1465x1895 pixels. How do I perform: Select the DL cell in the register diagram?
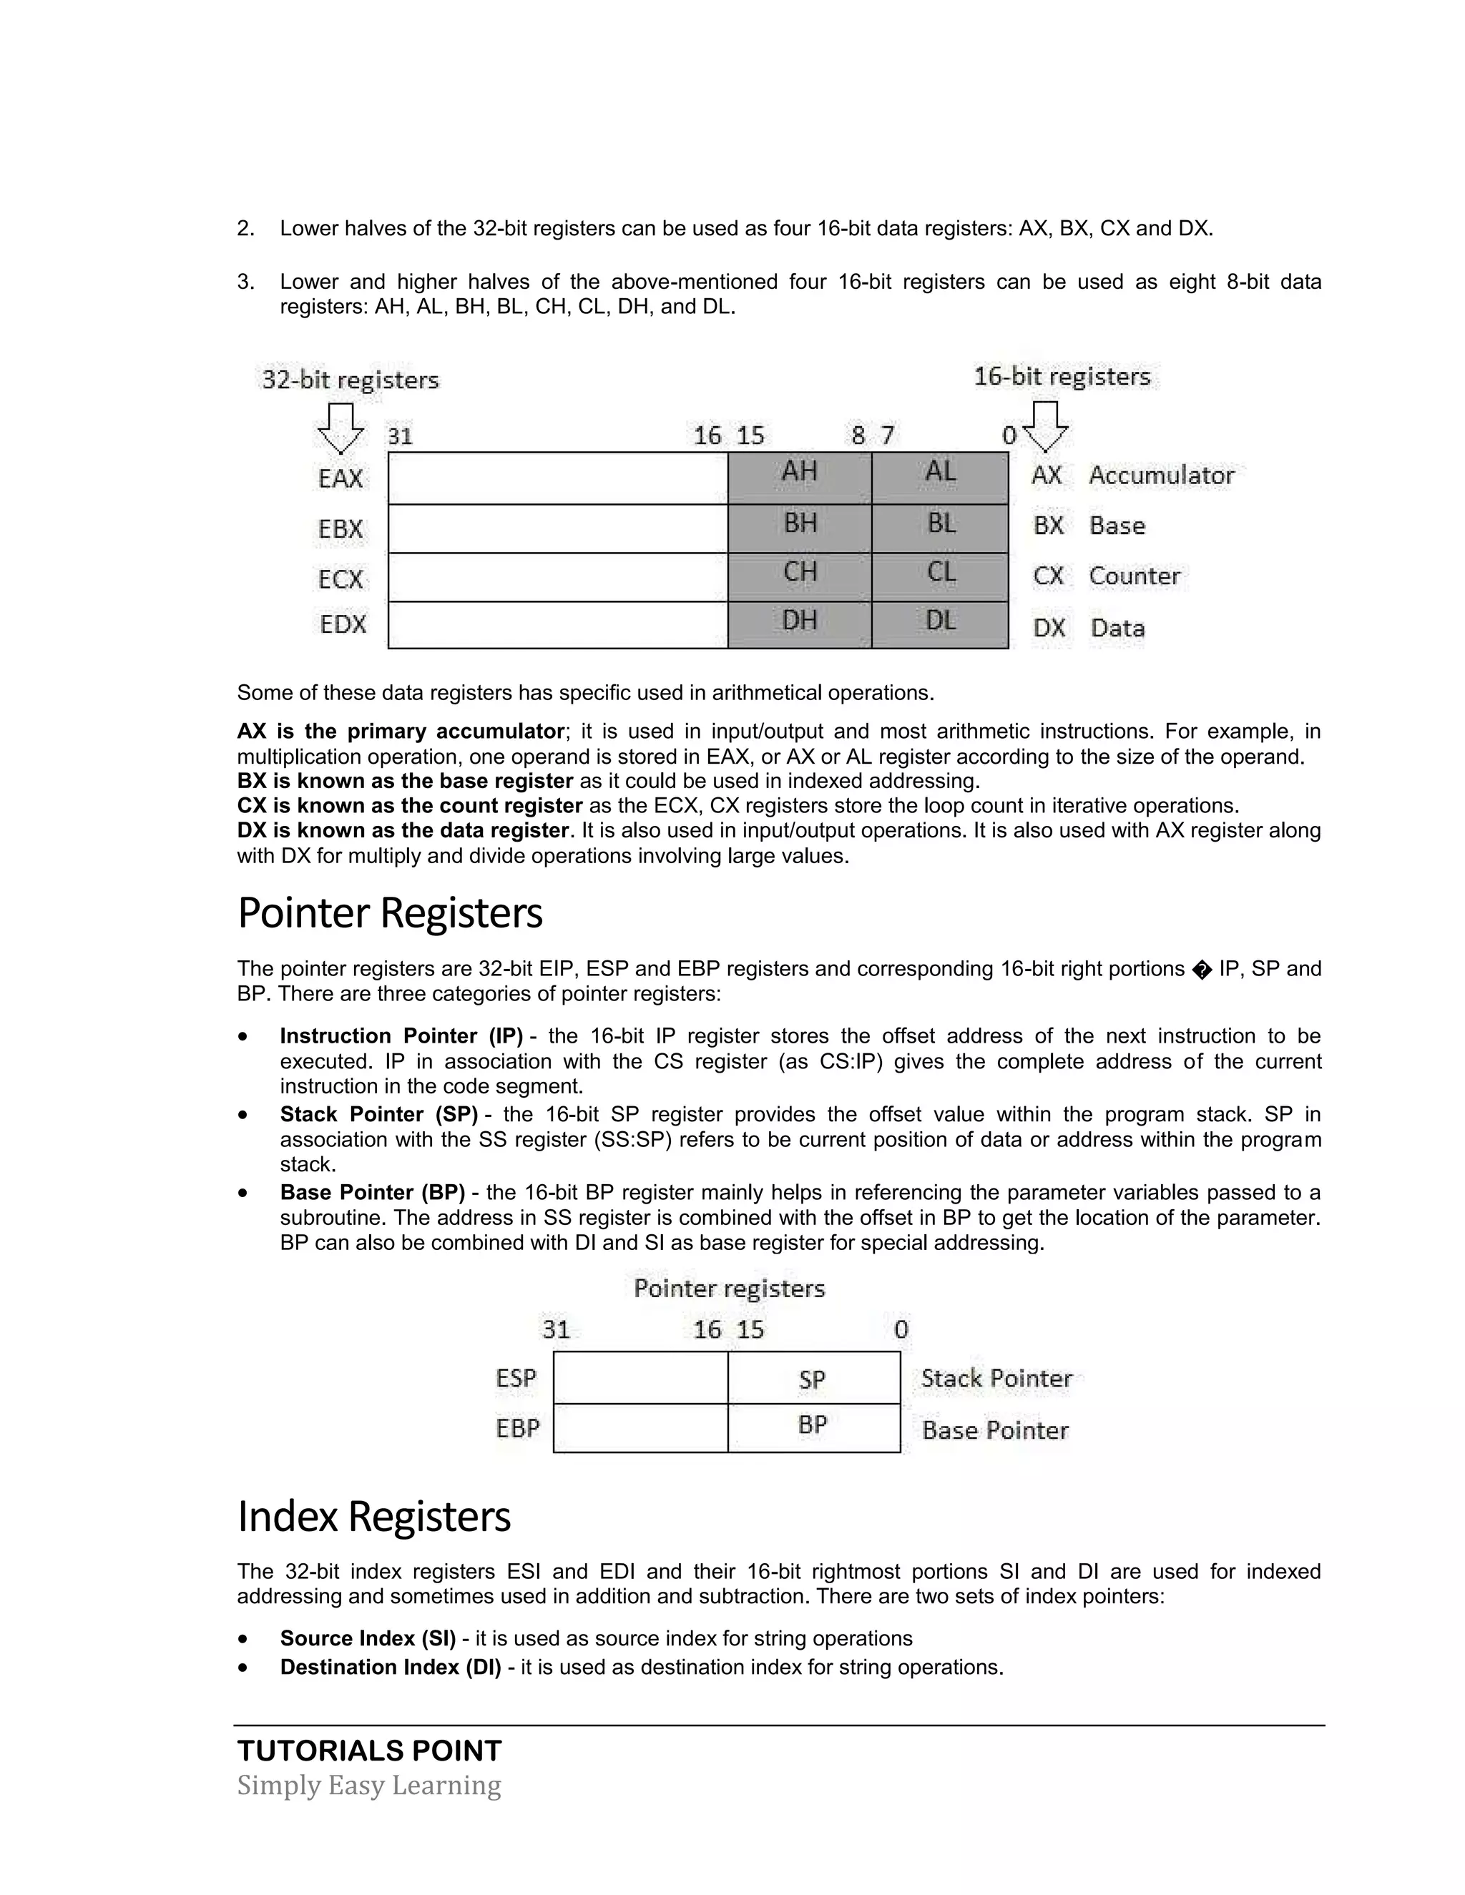941,623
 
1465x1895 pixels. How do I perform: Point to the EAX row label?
340,479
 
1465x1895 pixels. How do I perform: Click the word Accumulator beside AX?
1160,476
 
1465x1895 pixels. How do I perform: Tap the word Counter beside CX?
1135,577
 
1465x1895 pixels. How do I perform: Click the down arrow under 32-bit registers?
340,428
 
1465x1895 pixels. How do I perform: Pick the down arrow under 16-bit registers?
1045,426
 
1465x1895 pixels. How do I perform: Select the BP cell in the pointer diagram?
813,1426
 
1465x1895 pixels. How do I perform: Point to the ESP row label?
516,1379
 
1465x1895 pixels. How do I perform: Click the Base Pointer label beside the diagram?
994,1431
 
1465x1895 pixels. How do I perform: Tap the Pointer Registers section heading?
390,914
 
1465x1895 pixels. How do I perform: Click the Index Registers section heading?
374,1517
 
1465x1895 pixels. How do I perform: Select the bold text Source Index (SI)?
367,1639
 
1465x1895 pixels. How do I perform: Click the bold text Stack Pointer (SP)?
378,1115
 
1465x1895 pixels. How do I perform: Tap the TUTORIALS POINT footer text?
369,1751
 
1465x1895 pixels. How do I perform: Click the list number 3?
245,282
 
